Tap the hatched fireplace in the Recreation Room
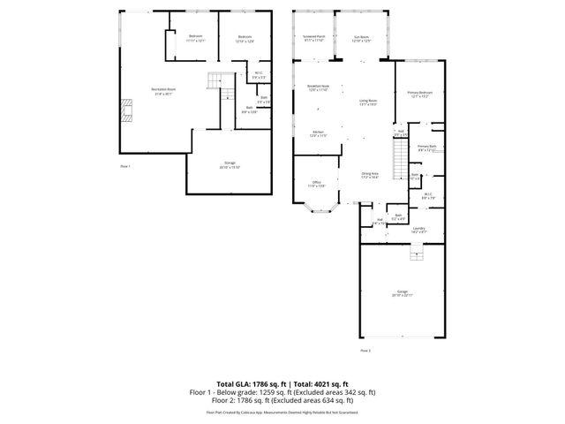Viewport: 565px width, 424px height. point(127,109)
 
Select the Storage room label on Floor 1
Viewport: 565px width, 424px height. point(230,165)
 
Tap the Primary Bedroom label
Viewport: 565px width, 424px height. point(418,94)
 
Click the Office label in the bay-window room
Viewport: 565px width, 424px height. point(316,185)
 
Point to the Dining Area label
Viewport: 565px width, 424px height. point(369,176)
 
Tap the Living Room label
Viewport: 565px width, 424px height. point(368,102)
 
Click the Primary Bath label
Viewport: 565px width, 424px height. point(427,148)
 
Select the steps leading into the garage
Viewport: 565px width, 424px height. point(413,254)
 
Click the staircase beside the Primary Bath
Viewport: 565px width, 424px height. point(399,163)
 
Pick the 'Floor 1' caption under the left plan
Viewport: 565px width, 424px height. point(125,166)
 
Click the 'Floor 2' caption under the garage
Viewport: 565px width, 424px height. point(365,351)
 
